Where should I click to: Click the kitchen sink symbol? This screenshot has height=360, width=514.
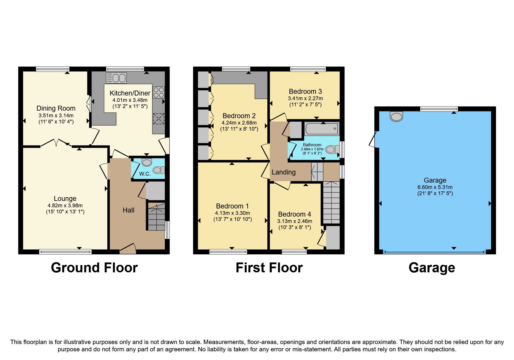(x=116, y=78)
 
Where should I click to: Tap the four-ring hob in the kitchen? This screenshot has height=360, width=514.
(x=158, y=93)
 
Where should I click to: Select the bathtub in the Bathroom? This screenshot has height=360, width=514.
(x=322, y=129)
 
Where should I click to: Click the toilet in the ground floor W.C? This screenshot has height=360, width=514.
(x=158, y=170)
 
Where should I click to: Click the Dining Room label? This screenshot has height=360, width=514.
(x=56, y=108)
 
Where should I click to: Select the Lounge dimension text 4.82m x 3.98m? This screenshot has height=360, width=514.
(x=65, y=206)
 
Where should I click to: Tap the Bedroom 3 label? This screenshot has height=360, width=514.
(x=305, y=91)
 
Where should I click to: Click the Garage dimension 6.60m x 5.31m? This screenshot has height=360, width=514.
(x=435, y=187)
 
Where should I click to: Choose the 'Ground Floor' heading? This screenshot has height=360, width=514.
(x=94, y=268)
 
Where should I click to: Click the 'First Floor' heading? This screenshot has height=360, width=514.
(x=269, y=268)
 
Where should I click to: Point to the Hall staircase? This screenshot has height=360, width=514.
(x=156, y=217)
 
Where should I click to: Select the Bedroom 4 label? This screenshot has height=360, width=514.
(x=294, y=214)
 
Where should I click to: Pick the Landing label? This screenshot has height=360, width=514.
(x=284, y=172)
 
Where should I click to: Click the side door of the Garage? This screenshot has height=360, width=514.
(x=374, y=140)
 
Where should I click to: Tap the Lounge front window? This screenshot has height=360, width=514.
(x=65, y=252)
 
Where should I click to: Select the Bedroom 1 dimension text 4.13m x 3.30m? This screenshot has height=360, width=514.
(x=232, y=213)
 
